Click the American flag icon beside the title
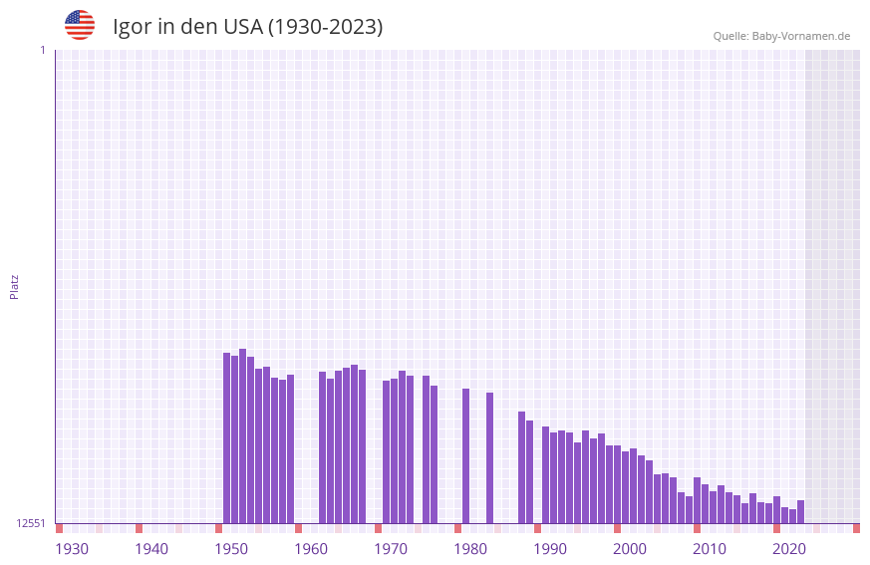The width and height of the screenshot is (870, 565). click(x=80, y=25)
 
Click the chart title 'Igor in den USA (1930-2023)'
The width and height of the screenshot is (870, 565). click(x=247, y=27)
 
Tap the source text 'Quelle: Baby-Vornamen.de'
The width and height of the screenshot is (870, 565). click(x=781, y=36)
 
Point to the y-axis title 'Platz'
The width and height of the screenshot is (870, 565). click(x=14, y=286)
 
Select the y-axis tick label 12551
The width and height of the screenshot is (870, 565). click(x=31, y=523)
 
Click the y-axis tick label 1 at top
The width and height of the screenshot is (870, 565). click(x=42, y=50)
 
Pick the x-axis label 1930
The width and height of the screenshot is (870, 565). click(x=72, y=549)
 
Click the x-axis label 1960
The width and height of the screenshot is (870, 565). click(x=311, y=549)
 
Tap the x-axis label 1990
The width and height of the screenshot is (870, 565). click(x=550, y=549)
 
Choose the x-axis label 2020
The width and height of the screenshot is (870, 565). click(x=789, y=549)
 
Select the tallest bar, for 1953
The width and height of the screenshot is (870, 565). click(x=242, y=435)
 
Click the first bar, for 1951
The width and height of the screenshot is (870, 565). click(x=226, y=437)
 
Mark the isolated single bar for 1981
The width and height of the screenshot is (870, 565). click(x=465, y=455)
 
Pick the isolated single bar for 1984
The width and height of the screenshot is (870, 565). click(x=489, y=457)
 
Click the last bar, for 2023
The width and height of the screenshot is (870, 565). click(x=800, y=511)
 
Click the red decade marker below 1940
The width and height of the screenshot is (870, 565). click(x=139, y=528)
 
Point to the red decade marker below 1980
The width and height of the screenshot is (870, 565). click(x=457, y=528)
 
